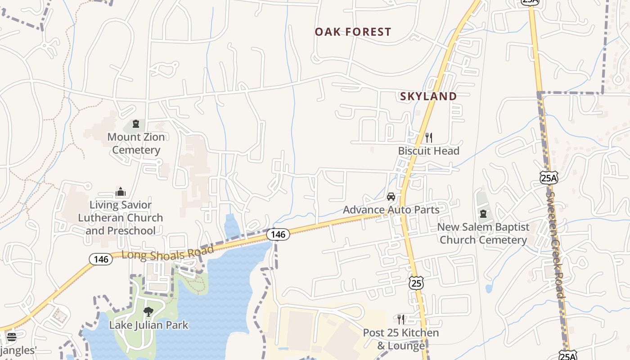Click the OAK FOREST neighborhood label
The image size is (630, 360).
point(353,32)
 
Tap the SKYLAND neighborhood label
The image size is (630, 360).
point(428,96)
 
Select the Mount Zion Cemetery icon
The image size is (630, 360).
point(136,124)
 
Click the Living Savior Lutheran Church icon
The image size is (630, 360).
point(120,192)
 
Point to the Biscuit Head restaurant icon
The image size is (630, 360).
point(428,137)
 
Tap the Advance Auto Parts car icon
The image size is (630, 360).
point(391,197)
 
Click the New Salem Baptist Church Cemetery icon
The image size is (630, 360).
point(483,214)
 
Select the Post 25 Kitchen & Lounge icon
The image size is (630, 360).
point(400,319)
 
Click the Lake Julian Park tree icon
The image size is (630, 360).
point(148,311)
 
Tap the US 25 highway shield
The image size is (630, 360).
point(416,283)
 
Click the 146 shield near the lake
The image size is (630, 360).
point(277,234)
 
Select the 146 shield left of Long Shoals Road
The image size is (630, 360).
point(101,259)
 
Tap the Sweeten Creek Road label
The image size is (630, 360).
point(555,243)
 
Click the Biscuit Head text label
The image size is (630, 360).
point(428,151)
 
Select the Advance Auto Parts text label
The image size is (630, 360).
point(391,210)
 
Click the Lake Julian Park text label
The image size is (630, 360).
point(148,325)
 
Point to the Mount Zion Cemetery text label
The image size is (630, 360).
point(136,144)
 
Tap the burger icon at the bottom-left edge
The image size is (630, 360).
point(12,337)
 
